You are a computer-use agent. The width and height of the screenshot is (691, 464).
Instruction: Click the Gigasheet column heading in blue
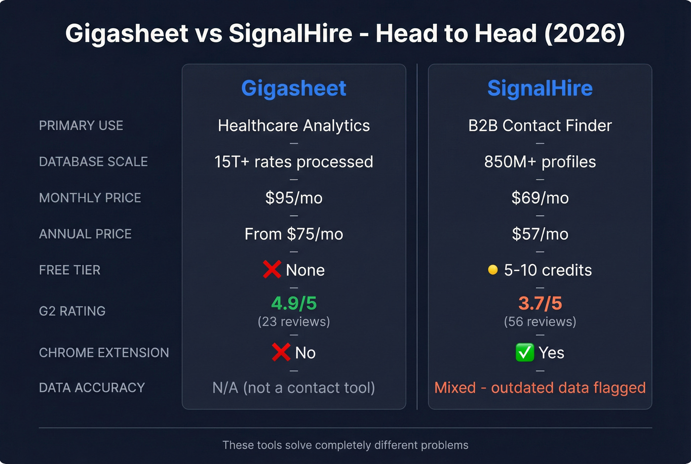[294, 88]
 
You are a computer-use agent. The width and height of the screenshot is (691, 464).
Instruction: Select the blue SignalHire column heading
[540, 88]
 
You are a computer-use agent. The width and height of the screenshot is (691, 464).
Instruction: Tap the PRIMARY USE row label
[81, 126]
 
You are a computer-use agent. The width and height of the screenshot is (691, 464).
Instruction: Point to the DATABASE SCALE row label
[93, 162]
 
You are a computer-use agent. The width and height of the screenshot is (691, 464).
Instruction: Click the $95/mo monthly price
[294, 198]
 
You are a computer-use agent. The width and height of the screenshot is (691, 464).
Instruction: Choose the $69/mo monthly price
[540, 198]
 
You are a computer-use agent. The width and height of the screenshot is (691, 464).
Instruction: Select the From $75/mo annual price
[294, 234]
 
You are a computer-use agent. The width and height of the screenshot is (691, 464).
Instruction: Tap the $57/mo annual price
[540, 234]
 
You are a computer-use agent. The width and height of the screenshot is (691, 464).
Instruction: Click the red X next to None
[272, 269]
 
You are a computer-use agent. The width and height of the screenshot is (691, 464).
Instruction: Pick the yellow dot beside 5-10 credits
[493, 270]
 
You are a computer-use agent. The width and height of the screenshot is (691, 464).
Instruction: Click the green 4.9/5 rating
[294, 303]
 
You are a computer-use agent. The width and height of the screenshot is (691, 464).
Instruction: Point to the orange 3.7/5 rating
[540, 303]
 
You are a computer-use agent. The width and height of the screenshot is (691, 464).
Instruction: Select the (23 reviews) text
[294, 322]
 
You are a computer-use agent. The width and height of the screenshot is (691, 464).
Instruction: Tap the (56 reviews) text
[540, 322]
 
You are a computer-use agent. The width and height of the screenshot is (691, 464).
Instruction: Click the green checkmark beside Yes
[524, 352]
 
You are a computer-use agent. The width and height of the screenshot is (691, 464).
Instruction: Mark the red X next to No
[281, 352]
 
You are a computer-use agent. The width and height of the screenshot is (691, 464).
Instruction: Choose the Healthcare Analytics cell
[294, 126]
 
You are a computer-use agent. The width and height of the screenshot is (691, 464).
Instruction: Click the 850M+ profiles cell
[540, 162]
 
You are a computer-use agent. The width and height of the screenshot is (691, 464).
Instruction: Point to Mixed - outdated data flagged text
[540, 388]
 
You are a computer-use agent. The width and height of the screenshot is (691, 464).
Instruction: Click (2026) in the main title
[585, 34]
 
